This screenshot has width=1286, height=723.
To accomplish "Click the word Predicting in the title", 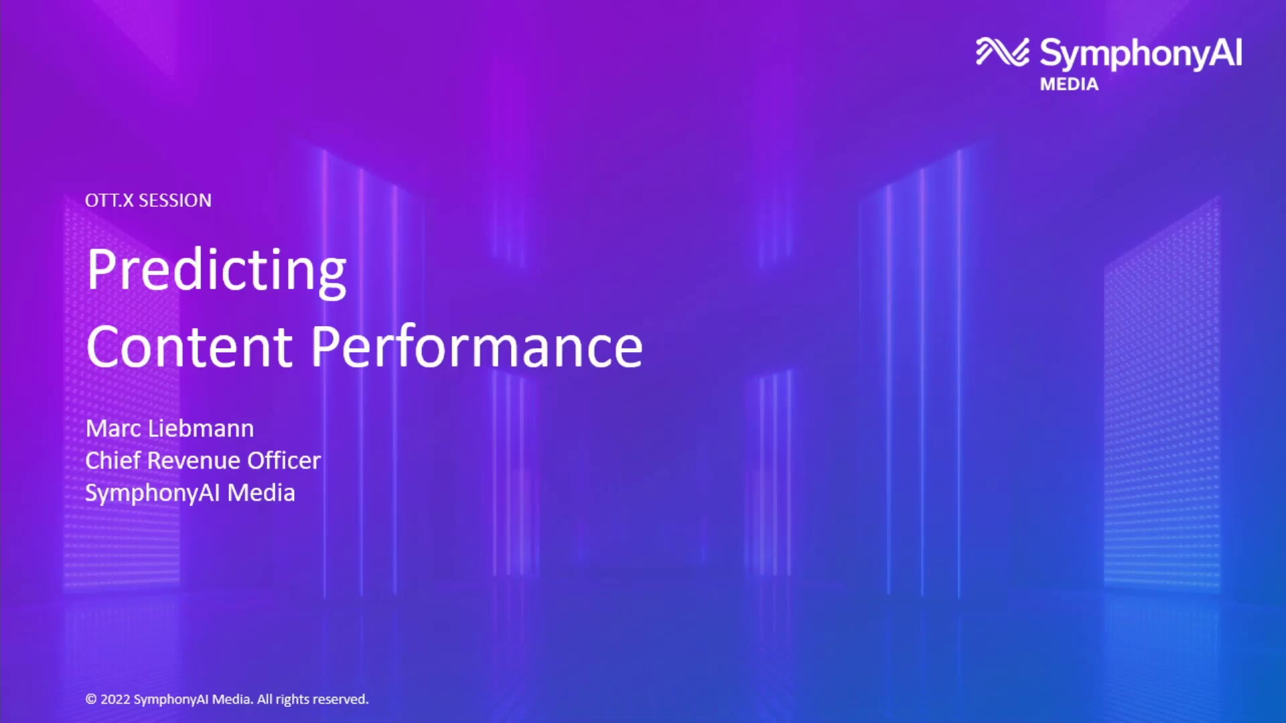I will (216, 270).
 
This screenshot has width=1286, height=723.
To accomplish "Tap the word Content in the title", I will (190, 347).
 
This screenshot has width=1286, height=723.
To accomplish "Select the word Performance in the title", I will (476, 347).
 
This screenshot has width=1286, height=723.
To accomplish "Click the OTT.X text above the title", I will (109, 200).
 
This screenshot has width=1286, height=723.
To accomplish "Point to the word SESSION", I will (175, 200).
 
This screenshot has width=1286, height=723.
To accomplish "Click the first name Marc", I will (113, 428).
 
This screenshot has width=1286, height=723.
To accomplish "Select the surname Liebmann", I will (201, 428).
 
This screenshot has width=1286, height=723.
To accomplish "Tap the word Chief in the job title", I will (113, 461).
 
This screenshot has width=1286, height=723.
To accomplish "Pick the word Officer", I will (284, 461).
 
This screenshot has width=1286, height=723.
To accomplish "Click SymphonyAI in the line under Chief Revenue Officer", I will (153, 493).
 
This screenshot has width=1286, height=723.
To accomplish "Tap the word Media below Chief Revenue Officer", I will (261, 493).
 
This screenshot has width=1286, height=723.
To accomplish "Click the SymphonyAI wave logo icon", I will (1002, 52).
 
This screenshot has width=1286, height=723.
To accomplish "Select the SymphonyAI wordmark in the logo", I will (1141, 54).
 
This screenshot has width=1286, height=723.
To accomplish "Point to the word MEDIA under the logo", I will (1069, 84).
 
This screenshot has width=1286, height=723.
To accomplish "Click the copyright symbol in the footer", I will (91, 700).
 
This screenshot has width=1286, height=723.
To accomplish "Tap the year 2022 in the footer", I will (115, 700).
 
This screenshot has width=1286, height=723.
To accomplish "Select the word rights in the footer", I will (293, 700).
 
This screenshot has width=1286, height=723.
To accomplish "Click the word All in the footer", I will (265, 700).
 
